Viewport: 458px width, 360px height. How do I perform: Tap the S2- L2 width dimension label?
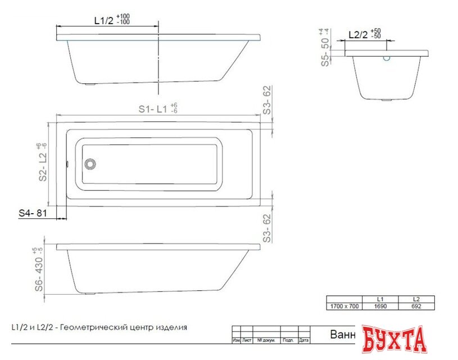tap(42, 163)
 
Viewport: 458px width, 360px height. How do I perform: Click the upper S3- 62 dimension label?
tap(267, 101)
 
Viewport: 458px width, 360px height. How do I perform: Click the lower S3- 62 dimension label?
tap(267, 227)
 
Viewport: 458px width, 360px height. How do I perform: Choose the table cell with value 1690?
tap(381, 307)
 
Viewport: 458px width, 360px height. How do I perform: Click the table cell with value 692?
tap(416, 307)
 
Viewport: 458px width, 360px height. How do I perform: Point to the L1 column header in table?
tap(381, 299)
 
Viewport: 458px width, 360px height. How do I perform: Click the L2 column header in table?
tap(416, 299)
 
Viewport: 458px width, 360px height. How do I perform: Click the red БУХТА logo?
tap(394, 339)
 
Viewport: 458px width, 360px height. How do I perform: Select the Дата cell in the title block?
tap(304, 341)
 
